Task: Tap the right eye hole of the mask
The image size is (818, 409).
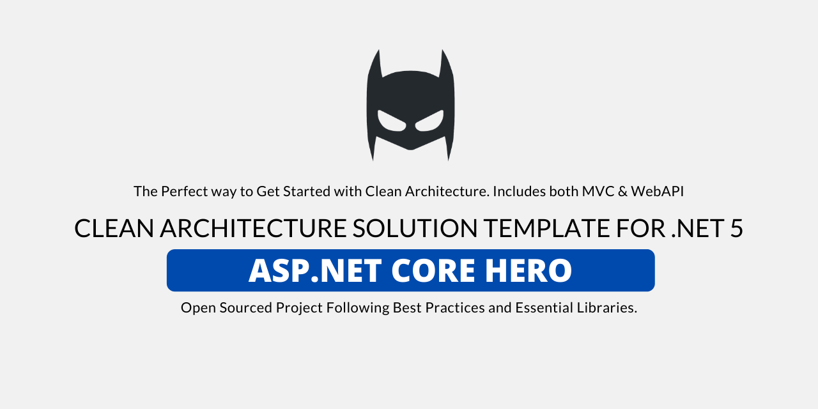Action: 429,121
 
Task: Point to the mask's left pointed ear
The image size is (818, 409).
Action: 376,64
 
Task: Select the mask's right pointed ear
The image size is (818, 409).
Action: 445,64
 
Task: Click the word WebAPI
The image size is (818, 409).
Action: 658,191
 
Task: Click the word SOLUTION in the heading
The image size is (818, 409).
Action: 415,229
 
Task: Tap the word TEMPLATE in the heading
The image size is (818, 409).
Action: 548,229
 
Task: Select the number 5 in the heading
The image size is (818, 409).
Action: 737,229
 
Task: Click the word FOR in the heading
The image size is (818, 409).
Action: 641,229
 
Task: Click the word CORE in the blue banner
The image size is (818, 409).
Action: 433,270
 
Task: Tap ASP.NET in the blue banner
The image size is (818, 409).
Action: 315,270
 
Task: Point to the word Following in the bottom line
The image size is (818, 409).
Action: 358,308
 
